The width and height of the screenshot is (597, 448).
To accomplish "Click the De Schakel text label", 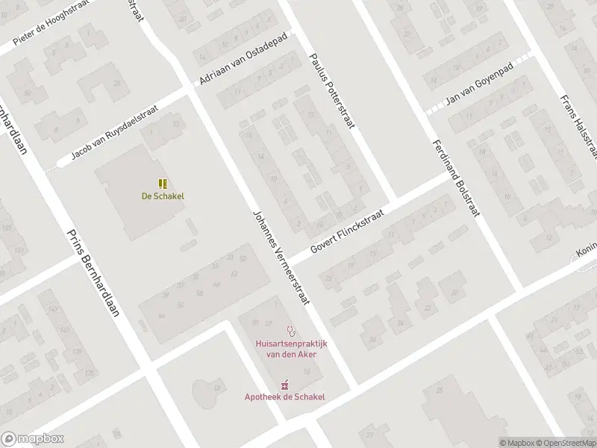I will [163, 196].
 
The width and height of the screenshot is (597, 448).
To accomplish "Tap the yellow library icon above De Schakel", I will [163, 183].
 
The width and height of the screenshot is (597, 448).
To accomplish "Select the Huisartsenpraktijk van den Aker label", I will [291, 349].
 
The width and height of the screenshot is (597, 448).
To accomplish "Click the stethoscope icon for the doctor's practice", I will [291, 329].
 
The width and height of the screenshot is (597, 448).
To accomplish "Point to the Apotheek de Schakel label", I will [285, 396].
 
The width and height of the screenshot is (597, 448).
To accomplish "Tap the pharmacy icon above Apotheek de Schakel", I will [285, 383].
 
